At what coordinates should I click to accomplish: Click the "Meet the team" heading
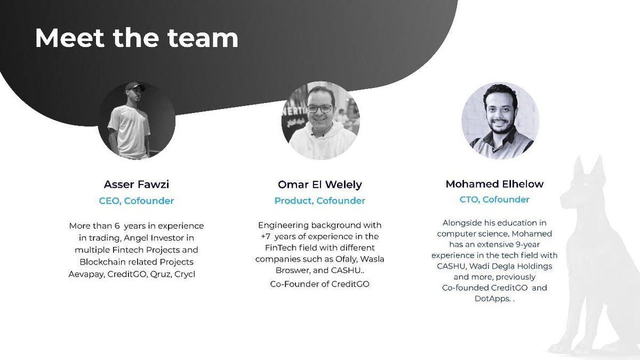tap(137, 38)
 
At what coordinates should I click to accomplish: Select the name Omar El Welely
tap(320, 185)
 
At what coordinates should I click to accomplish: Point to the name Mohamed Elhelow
tap(494, 184)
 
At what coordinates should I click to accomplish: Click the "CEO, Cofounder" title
tap(137, 201)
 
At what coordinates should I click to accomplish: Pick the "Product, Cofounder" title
tap(320, 201)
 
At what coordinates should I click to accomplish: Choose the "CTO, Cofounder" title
tap(494, 199)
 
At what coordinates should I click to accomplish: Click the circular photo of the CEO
tap(137, 121)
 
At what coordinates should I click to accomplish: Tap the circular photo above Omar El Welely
tap(320, 120)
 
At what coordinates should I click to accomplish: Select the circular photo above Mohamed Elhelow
tap(500, 121)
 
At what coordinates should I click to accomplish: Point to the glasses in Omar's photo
tap(319, 108)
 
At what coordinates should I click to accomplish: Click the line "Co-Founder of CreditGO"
tap(320, 284)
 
